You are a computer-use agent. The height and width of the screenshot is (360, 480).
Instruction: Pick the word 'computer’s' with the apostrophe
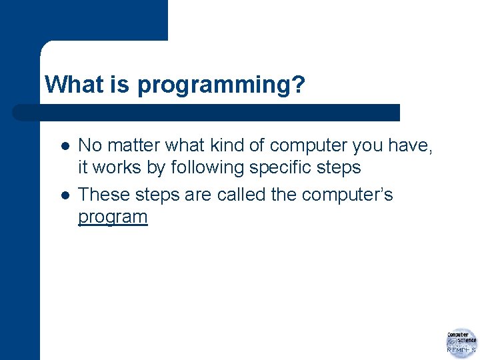[347, 195]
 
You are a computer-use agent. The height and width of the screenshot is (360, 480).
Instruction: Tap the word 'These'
[104, 195]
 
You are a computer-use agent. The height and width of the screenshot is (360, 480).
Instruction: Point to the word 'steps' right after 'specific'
[339, 167]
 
